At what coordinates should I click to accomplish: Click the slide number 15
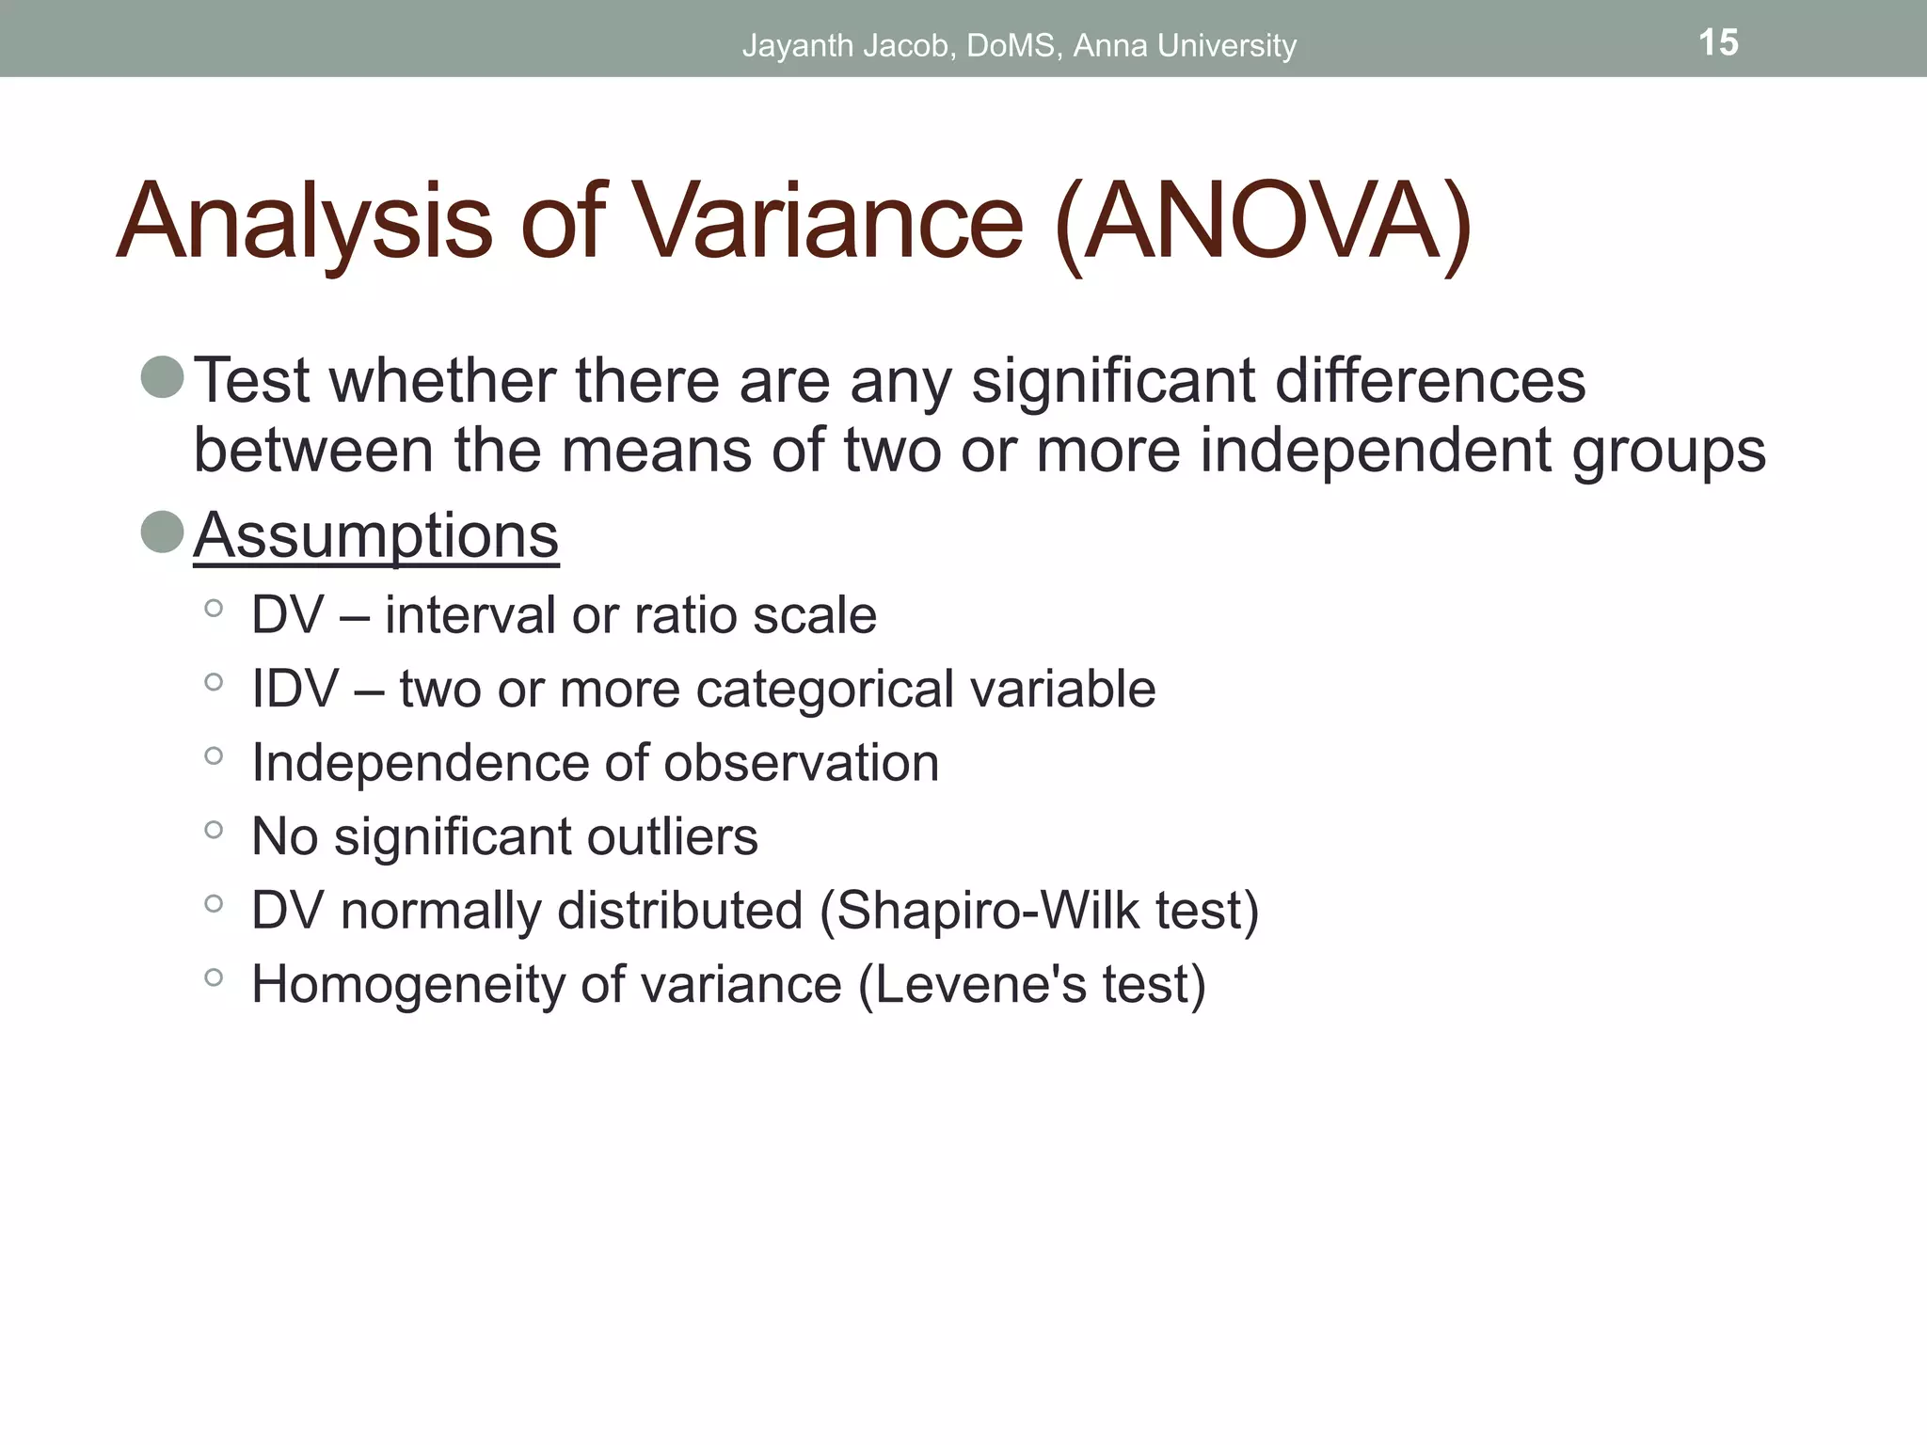(1718, 42)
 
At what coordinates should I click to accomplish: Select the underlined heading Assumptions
(376, 535)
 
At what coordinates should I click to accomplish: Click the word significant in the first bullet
(1113, 381)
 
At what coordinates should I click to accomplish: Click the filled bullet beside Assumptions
(162, 532)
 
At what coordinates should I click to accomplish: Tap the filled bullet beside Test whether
(162, 376)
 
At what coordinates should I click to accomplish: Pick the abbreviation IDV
(295, 689)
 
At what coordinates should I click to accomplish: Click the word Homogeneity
(407, 984)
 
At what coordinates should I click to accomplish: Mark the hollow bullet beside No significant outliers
(214, 830)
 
